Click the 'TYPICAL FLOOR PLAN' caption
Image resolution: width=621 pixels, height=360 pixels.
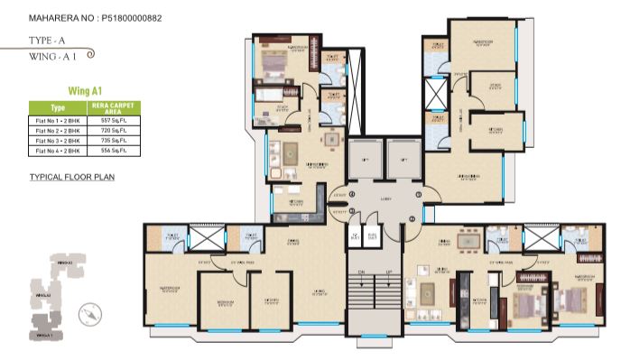72,178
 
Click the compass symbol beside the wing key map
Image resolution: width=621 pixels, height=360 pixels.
88,314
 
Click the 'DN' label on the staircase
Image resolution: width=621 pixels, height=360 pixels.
360,272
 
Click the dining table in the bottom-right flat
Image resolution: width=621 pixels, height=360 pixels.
468,242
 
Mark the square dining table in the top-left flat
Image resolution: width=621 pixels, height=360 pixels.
291,152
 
